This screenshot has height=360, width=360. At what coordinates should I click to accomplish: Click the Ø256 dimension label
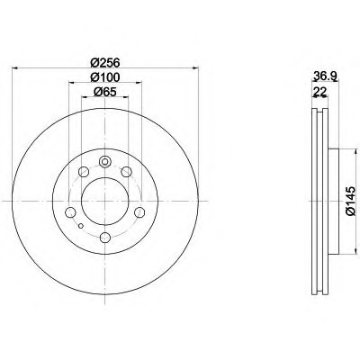coord(105,63)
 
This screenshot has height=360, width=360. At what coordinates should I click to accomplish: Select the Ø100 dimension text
coord(105,77)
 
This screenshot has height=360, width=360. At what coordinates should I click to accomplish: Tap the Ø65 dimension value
coord(105,92)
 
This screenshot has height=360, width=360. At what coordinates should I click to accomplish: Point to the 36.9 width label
coord(325,76)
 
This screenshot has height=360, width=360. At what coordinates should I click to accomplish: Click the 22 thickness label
coord(319,92)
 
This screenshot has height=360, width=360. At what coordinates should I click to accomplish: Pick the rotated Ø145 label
coord(350,201)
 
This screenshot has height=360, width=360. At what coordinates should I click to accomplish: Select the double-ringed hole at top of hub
coord(104,162)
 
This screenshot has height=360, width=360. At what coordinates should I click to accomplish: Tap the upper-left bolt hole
coord(84,172)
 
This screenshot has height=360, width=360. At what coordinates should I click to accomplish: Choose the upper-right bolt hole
coord(126,172)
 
